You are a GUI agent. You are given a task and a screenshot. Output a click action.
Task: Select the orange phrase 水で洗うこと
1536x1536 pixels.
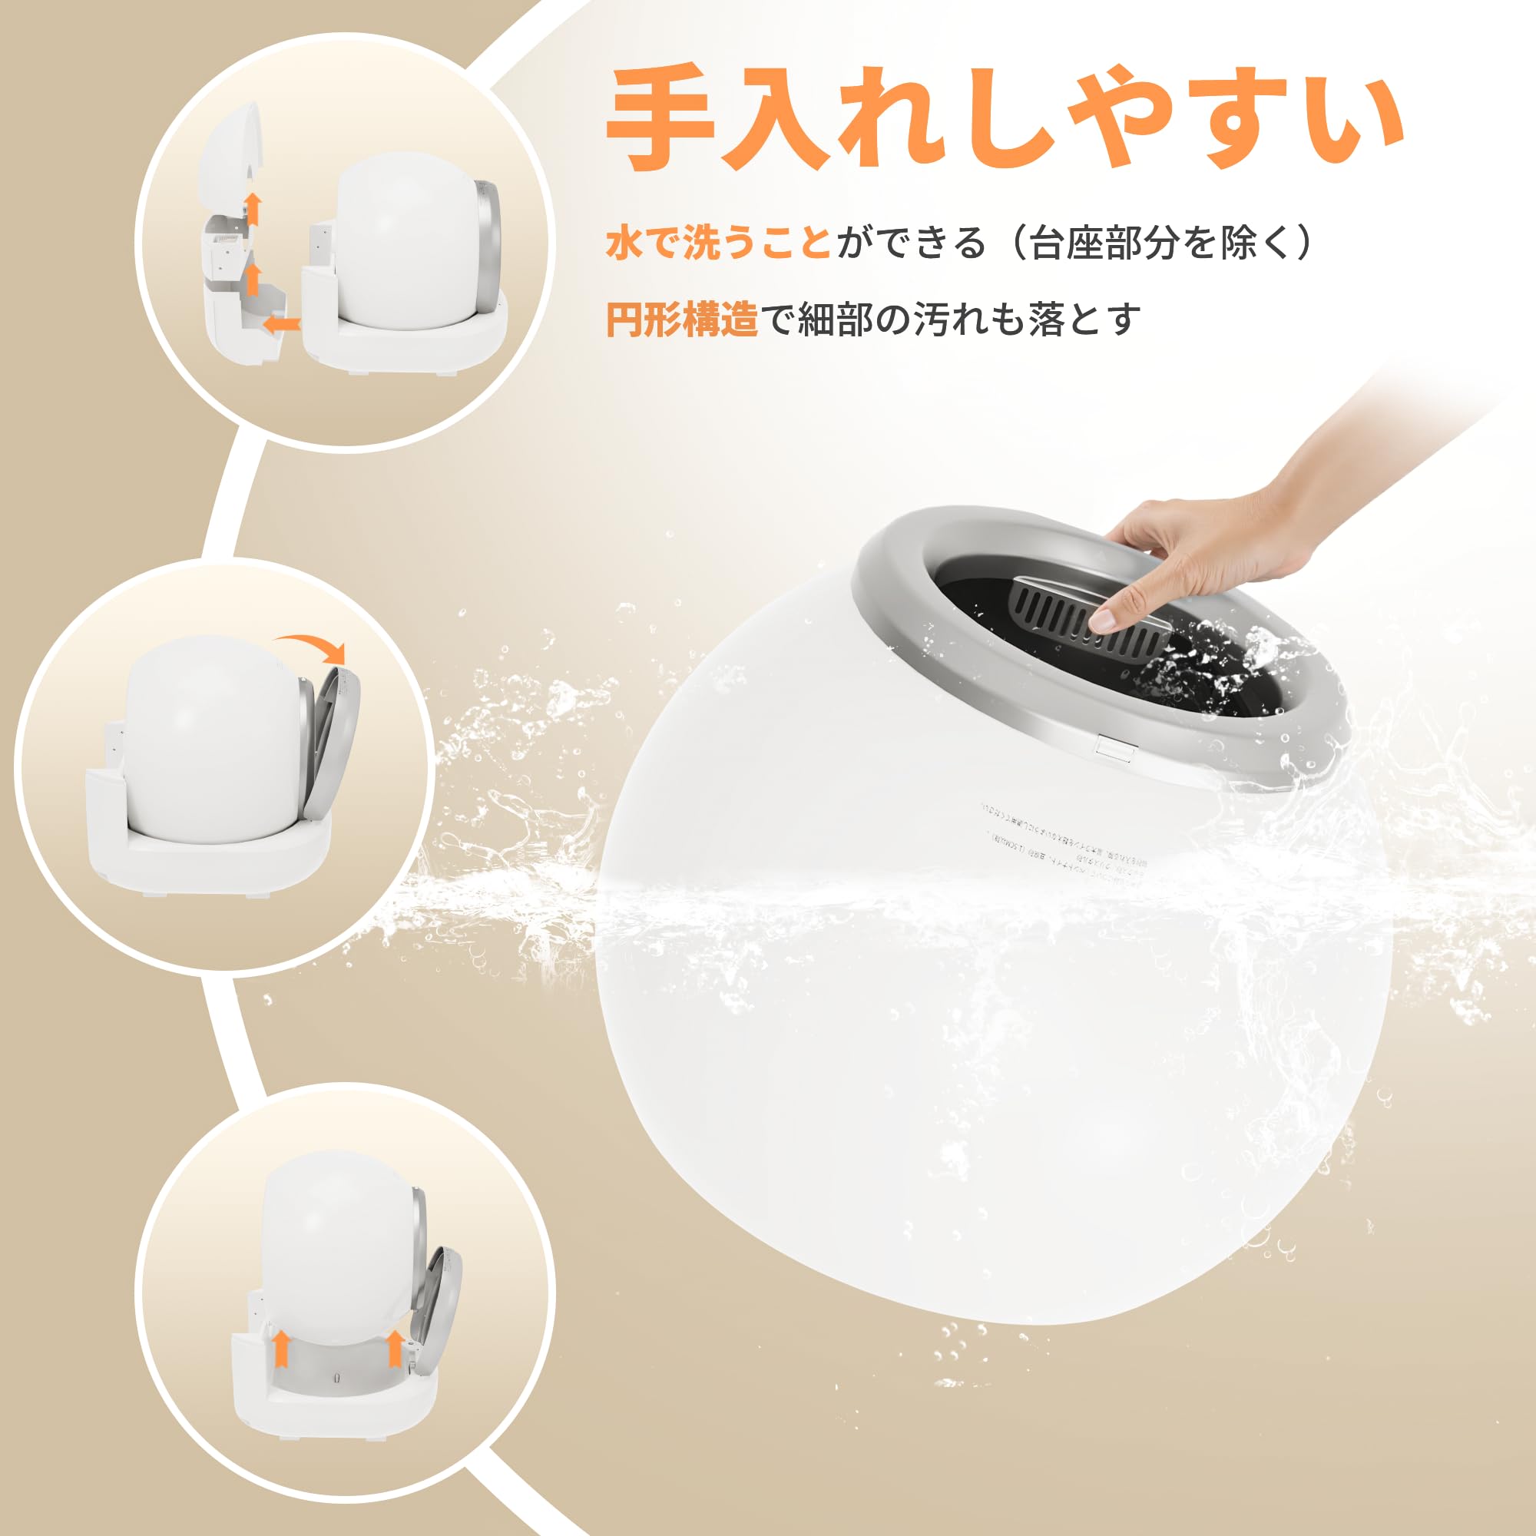[x=718, y=242]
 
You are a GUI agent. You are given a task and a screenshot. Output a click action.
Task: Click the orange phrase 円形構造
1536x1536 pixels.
[x=681, y=319]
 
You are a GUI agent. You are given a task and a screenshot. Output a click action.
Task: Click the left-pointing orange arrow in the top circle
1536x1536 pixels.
[x=281, y=323]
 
